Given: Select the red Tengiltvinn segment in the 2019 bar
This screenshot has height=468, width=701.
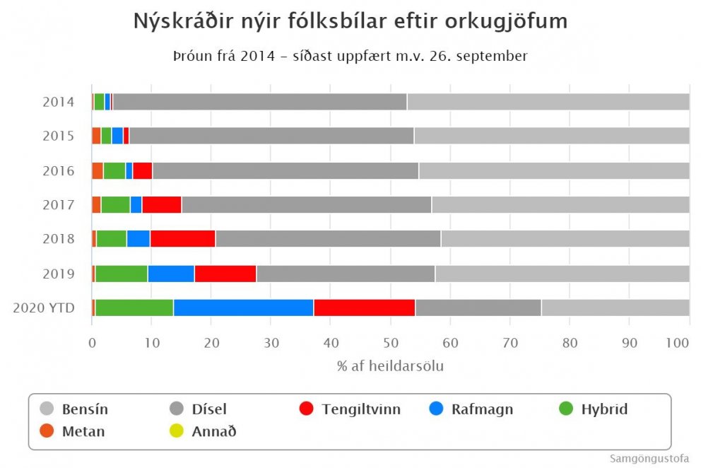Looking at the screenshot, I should [x=225, y=274].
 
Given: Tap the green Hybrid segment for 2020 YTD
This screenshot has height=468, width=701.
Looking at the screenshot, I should [x=134, y=308].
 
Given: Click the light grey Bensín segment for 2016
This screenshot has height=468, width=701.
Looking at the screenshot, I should [x=554, y=170].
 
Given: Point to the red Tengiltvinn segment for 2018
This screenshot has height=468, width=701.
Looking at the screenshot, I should [x=182, y=239].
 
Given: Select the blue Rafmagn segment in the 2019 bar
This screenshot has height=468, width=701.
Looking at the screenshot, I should [x=171, y=274].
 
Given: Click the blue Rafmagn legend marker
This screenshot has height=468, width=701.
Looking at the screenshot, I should [x=437, y=408].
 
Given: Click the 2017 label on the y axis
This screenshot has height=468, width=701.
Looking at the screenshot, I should [x=58, y=205].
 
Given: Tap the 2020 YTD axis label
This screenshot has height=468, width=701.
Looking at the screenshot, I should [x=44, y=308].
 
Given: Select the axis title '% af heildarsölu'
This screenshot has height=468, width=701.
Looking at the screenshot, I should [x=391, y=366].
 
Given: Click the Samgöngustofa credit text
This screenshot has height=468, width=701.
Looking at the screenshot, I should [x=649, y=458].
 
